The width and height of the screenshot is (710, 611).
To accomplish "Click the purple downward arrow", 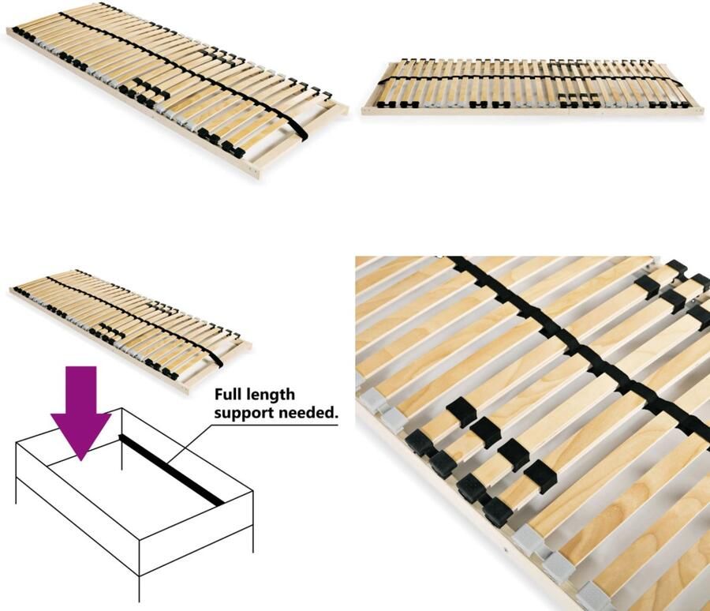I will coord(80,407).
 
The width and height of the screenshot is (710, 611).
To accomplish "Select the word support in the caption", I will coord(243,413).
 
